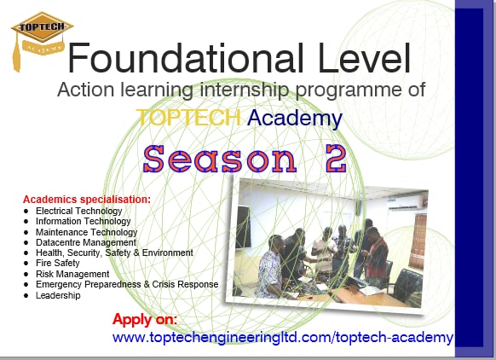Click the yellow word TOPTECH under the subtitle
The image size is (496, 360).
tap(188, 118)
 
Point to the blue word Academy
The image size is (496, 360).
tap(295, 118)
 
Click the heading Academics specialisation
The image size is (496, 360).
tap(87, 199)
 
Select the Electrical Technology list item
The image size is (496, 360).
tap(78, 211)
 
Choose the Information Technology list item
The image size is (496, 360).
tap(83, 221)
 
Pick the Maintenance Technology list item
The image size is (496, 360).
tap(86, 232)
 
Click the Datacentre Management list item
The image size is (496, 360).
tap(86, 242)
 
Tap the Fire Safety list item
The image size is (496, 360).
tap(58, 264)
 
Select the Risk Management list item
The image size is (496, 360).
tap(72, 274)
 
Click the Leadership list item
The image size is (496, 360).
tap(58, 295)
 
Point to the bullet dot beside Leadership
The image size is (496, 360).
tap(26, 295)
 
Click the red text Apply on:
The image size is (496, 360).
tap(145, 320)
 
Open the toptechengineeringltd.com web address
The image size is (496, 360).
tap(283, 338)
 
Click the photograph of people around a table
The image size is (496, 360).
tap(323, 242)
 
